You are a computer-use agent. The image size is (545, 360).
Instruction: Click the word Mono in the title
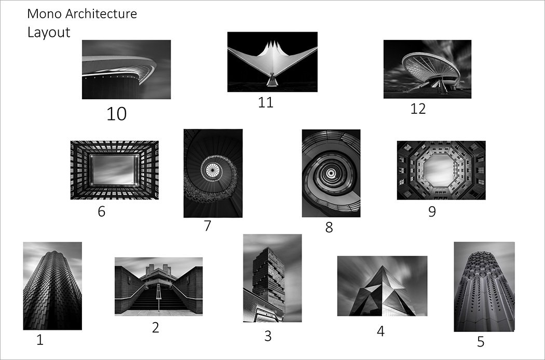[45, 14]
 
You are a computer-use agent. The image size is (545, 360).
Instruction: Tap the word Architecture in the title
[101, 14]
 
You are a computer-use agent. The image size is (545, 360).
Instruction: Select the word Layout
[49, 32]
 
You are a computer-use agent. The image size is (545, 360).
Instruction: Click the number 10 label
[116, 114]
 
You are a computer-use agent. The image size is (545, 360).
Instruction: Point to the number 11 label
[266, 103]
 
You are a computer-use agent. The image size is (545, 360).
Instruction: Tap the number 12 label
[418, 109]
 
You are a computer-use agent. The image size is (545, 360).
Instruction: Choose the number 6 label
[102, 211]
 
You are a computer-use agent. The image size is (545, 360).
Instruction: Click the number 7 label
[207, 226]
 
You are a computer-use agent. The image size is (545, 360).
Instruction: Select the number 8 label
[329, 228]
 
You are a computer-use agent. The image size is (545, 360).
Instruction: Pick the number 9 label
[432, 211]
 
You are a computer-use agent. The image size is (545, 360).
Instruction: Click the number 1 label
[40, 340]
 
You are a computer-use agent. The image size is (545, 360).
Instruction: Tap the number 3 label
[268, 336]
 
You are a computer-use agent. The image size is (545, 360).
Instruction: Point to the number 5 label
[480, 342]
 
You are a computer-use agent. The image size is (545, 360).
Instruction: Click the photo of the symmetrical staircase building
[158, 286]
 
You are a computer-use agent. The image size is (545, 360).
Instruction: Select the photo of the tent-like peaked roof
[272, 62]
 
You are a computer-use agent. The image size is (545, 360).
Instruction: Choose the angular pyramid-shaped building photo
[382, 286]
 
